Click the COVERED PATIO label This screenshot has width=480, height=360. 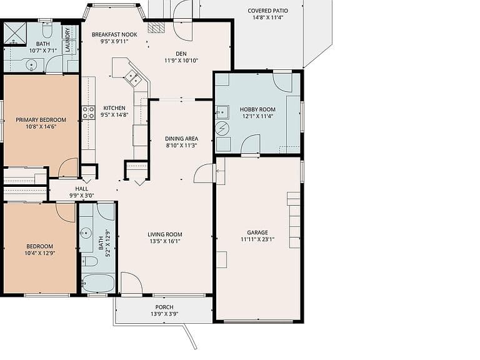(x=267, y=11)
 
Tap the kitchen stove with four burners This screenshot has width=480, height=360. (x=88, y=112)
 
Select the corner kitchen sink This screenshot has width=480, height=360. (x=133, y=76)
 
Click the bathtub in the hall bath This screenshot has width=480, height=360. (x=98, y=284)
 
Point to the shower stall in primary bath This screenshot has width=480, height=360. (x=15, y=34)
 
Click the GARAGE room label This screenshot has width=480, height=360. (x=257, y=232)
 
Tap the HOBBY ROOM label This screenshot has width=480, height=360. (x=257, y=109)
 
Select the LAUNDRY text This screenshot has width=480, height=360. (x=67, y=40)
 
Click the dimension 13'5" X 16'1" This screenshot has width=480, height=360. (x=165, y=241)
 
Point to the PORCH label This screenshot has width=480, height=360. (x=164, y=307)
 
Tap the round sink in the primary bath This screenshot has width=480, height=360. (x=31, y=65)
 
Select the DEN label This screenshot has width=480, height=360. (x=181, y=54)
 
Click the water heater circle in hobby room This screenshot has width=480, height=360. (x=222, y=128)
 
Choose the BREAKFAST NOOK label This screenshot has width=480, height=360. (x=114, y=34)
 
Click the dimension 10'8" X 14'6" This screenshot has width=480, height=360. (x=41, y=127)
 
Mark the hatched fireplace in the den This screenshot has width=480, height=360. (x=156, y=27)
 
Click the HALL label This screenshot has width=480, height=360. (x=82, y=189)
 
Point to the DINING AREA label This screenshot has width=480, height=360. (x=181, y=139)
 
